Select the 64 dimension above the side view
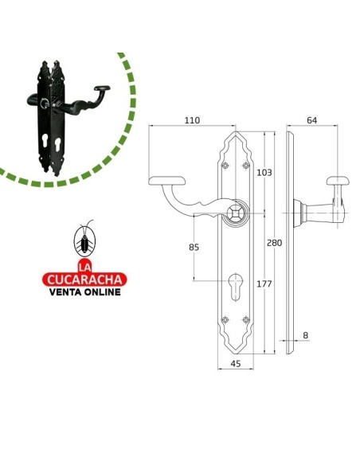click(311, 120)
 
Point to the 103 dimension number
click(264, 173)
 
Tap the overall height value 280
click(275, 242)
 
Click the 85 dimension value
click(194, 248)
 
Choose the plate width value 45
click(235, 364)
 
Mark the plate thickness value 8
click(304, 336)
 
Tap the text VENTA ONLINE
click(84, 291)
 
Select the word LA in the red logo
click(84, 265)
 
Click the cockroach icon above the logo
click(84, 240)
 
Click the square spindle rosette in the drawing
click(236, 213)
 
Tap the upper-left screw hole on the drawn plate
click(225, 165)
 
